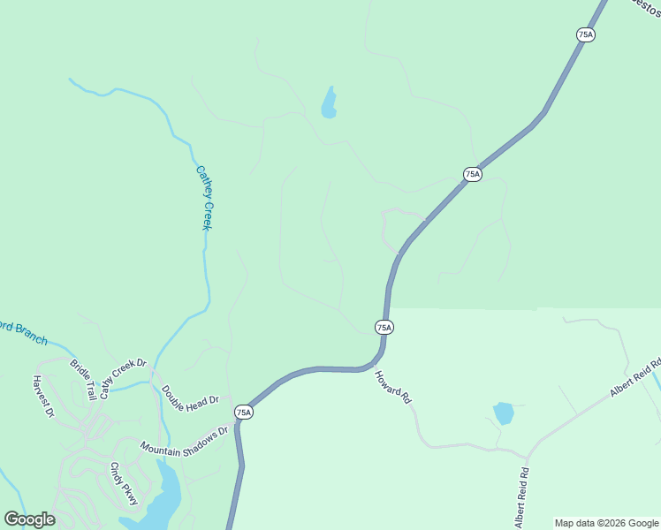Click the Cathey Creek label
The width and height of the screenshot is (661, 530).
point(204,199)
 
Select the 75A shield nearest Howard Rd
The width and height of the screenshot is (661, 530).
point(384,327)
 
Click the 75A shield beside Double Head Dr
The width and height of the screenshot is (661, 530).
point(244,412)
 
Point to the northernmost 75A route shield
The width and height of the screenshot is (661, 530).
point(585,34)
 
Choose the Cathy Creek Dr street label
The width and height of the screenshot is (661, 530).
point(122,379)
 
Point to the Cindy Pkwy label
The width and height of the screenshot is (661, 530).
point(125,483)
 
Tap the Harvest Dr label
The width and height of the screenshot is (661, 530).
point(44,397)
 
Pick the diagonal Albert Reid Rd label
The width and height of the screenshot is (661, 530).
point(634,377)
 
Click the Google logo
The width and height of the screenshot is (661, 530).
point(29,519)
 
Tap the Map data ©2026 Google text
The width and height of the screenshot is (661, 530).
point(606,523)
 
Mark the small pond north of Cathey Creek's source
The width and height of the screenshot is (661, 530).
point(329,103)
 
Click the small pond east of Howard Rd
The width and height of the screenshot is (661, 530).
point(503,413)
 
